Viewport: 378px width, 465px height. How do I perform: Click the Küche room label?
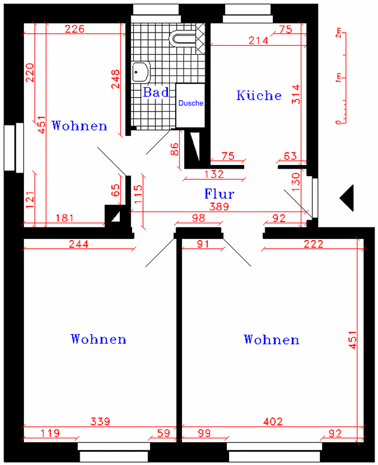[x=259, y=95]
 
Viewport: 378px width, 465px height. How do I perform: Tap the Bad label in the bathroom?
[x=156, y=92]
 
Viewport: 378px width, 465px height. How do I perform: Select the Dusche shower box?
[x=191, y=106]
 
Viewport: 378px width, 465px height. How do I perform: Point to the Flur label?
[x=219, y=194]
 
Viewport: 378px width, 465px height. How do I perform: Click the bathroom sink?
[x=141, y=71]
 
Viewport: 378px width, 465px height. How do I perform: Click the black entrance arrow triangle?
[x=347, y=198]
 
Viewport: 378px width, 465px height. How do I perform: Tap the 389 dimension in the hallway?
[x=219, y=206]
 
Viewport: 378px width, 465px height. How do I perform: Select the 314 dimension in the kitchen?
[x=296, y=94]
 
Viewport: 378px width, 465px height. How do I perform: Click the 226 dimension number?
[x=75, y=28]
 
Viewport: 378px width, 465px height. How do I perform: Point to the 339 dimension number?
[x=100, y=421]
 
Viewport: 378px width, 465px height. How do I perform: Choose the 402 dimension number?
[x=273, y=421]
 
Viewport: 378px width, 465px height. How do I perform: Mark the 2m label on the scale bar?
[x=338, y=33]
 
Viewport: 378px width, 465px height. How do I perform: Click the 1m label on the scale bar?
[x=338, y=78]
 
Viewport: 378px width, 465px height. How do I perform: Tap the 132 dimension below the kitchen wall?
[x=214, y=174]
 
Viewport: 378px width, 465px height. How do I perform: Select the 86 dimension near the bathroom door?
[x=174, y=149]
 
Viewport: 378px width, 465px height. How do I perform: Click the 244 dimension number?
[x=79, y=244]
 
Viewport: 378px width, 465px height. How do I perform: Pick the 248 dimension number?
[x=115, y=79]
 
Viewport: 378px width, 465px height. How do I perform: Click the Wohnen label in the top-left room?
[x=79, y=126]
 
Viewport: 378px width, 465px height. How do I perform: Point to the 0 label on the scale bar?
[x=338, y=121]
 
